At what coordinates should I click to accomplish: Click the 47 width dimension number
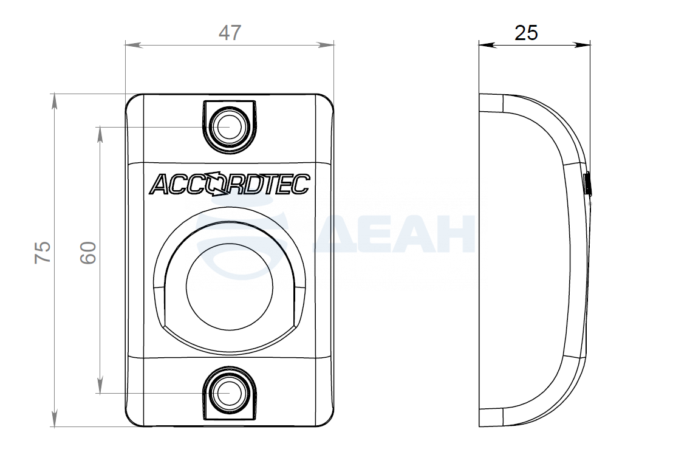pyautogui.click(x=230, y=33)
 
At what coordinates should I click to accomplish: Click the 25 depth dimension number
pyautogui.click(x=526, y=33)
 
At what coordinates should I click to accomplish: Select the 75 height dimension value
pyautogui.click(x=43, y=252)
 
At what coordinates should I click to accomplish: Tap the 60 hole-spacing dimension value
pyautogui.click(x=88, y=252)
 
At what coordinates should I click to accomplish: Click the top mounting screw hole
pyautogui.click(x=229, y=128)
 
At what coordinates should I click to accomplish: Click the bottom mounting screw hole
pyautogui.click(x=229, y=393)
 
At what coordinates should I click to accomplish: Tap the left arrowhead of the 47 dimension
pyautogui.click(x=134, y=44)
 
